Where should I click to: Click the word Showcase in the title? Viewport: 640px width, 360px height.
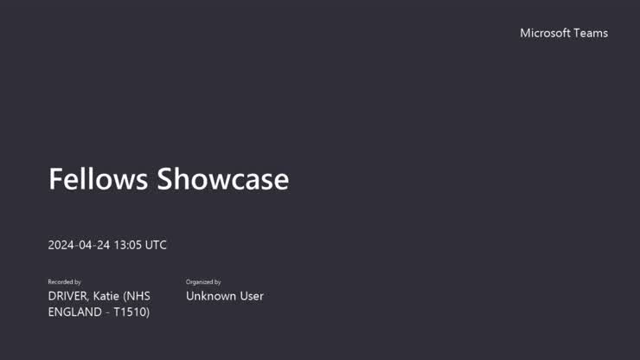point(222,179)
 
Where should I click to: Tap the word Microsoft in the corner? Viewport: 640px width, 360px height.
point(545,33)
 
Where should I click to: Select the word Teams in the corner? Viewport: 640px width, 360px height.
point(591,33)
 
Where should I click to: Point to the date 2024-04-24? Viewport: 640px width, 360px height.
point(79,245)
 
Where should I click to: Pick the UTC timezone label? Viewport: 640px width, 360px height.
point(156,245)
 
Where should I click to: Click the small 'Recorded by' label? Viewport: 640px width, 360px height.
point(65,282)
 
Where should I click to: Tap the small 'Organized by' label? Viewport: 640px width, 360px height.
point(203,282)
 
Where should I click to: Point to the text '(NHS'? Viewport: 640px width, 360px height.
point(138,296)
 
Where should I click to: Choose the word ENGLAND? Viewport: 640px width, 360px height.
point(75,312)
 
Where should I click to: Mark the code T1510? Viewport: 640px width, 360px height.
point(131,312)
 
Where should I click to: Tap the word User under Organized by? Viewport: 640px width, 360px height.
point(251,296)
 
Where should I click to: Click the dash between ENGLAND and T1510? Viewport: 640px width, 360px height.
point(108,312)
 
